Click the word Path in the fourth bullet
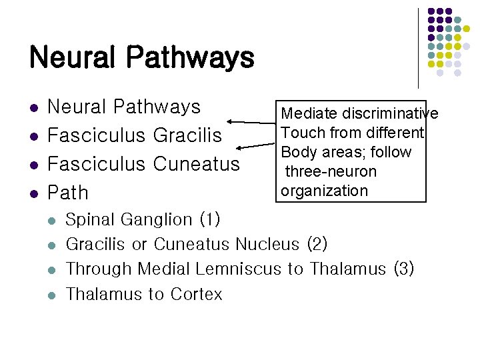68,193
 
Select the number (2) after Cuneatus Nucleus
317,244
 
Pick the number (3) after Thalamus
403,269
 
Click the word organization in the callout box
324,191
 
